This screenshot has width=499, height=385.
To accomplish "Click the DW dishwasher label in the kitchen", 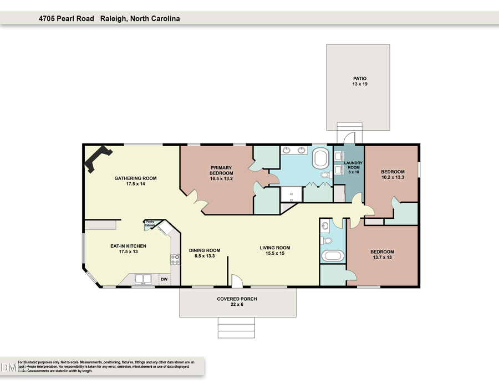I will click(x=164, y=279).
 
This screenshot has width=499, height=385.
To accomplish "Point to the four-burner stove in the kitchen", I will click(x=175, y=259).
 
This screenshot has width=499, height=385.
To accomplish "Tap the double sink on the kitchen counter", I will click(x=143, y=279).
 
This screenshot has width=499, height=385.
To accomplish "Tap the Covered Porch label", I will click(x=237, y=299).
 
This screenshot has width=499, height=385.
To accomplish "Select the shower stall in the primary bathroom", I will click(x=291, y=194).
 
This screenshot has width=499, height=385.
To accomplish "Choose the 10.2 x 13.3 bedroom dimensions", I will click(x=393, y=178).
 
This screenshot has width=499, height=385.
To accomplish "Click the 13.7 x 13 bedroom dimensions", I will click(x=382, y=258).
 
